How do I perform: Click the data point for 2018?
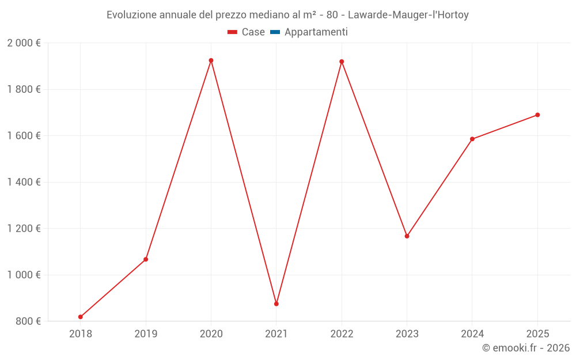coord(81,317)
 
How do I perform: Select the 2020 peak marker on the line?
coord(211,60)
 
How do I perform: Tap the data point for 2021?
coord(276,304)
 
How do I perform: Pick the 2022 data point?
coord(342,62)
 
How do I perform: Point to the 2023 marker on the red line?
coord(407,236)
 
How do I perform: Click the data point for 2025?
coord(537,115)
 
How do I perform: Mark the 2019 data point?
coord(146,259)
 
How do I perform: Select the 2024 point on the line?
coord(472,139)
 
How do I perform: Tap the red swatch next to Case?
coord(233,32)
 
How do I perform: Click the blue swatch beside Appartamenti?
coord(275,32)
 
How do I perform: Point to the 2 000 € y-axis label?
coord(24,43)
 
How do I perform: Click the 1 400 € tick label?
coord(24,182)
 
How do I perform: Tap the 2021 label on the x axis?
coord(276,334)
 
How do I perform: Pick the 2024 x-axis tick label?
coord(472,334)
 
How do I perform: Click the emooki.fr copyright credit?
coord(526,348)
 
